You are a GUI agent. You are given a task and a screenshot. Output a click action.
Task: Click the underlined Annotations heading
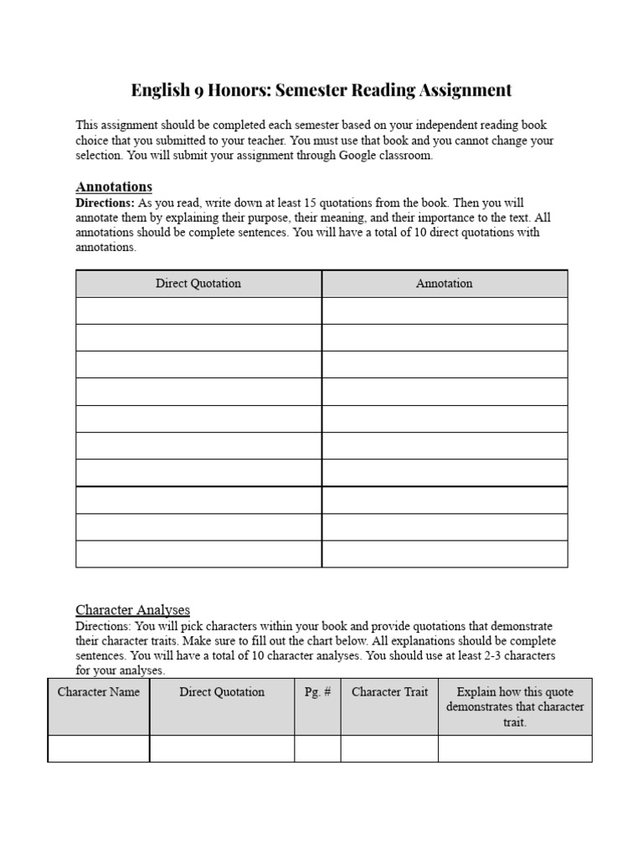coord(114,187)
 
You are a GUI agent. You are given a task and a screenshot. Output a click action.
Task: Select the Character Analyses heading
coord(132,610)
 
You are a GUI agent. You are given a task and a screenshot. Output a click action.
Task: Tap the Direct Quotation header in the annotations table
coord(198,284)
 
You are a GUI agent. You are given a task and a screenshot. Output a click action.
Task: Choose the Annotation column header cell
coord(444,284)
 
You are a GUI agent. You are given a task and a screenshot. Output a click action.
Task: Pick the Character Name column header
coord(99,692)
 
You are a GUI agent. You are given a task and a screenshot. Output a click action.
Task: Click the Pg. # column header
coord(317,692)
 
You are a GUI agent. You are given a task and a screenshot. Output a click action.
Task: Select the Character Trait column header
coord(389,692)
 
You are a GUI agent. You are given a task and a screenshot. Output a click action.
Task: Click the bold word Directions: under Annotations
coord(105,203)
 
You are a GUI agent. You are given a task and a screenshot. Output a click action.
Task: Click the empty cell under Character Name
coord(99,749)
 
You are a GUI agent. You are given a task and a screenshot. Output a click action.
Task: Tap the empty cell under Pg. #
coord(317,749)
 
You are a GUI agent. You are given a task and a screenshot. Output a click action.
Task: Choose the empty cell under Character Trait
coord(389,749)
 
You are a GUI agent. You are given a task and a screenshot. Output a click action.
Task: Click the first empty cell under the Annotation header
coord(444,310)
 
